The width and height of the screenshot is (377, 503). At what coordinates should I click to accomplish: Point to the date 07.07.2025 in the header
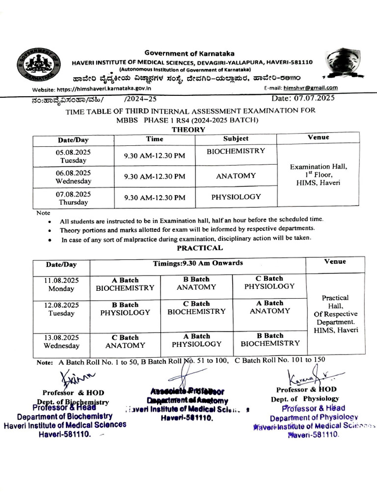click(x=303, y=98)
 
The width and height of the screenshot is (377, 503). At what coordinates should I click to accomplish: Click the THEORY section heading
click(x=188, y=129)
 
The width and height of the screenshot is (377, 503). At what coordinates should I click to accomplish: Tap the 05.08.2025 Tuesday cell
click(x=73, y=156)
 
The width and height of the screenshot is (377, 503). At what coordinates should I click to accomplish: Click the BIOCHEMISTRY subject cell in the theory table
click(x=236, y=151)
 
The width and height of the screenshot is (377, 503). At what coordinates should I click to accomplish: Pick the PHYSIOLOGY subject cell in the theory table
click(x=236, y=196)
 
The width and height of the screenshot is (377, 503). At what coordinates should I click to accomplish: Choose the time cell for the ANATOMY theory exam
click(x=155, y=176)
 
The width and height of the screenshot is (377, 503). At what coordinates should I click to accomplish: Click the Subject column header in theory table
click(x=236, y=139)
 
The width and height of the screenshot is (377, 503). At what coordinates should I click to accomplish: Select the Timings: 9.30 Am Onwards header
click(x=198, y=263)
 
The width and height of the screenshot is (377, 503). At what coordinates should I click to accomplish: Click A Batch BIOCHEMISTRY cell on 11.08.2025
click(x=125, y=284)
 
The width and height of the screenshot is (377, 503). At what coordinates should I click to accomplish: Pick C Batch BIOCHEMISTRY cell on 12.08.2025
click(x=196, y=307)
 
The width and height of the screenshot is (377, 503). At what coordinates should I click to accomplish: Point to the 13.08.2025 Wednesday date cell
click(x=61, y=341)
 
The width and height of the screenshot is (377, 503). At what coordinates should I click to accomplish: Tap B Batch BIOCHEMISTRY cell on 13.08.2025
click(x=270, y=339)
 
